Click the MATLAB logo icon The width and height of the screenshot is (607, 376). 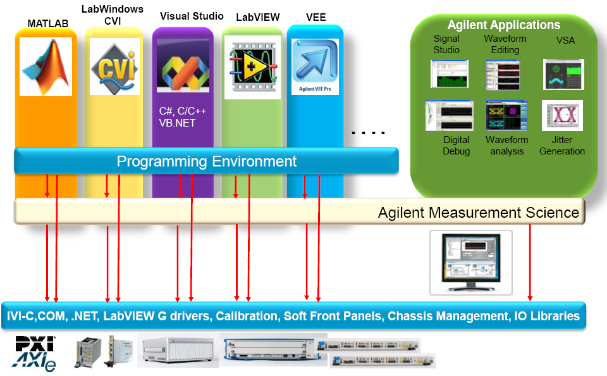(46, 66)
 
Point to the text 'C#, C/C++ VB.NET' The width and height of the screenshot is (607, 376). (183, 117)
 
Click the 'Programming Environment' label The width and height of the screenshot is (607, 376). (206, 161)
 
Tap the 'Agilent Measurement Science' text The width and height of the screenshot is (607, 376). (478, 213)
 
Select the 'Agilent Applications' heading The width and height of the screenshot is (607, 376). (503, 25)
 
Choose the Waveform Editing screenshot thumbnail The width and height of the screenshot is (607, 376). (504, 74)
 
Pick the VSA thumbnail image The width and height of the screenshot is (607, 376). (563, 74)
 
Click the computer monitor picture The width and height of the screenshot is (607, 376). (471, 261)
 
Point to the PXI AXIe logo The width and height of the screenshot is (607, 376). (35, 353)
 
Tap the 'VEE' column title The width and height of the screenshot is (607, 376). (316, 17)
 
